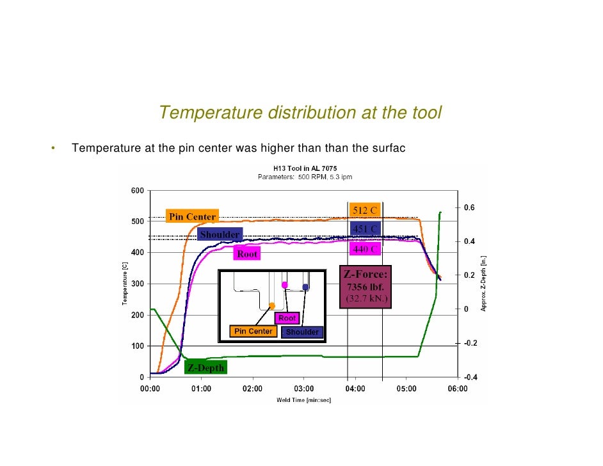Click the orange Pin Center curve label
[192, 216]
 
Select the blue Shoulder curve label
[220, 235]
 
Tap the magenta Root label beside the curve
[247, 254]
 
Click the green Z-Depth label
[205, 368]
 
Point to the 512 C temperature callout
[364, 211]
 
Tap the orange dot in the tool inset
[272, 306]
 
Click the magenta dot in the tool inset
[285, 285]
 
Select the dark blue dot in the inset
[306, 287]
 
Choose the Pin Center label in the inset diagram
[253, 332]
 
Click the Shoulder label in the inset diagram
[302, 332]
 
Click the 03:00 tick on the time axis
[303, 389]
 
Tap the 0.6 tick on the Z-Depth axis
[469, 208]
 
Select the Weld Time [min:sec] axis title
[303, 401]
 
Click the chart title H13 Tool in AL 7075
[304, 169]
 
